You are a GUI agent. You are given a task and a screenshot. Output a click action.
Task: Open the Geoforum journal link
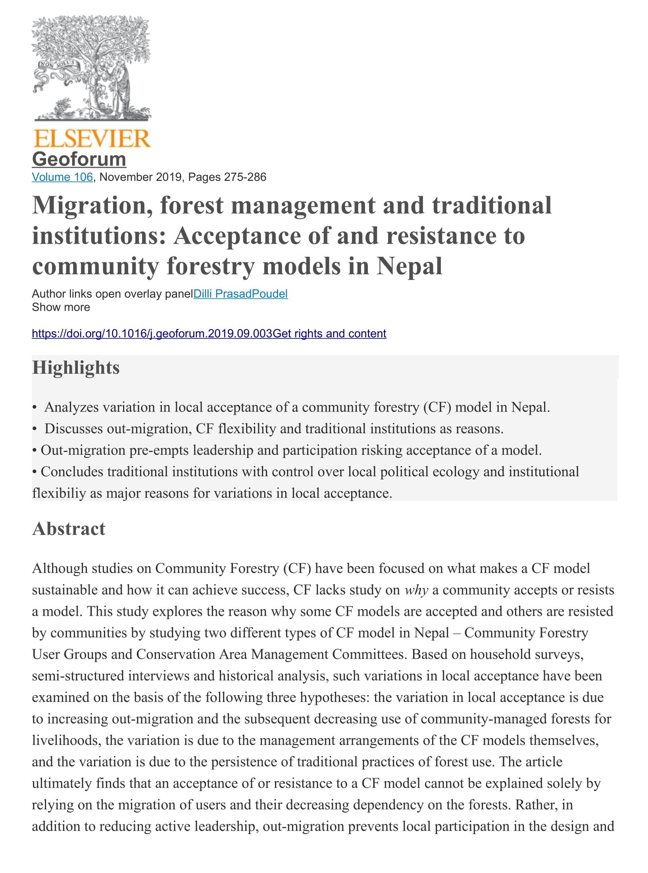pos(79,159)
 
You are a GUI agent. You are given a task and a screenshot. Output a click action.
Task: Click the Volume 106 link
pos(62,177)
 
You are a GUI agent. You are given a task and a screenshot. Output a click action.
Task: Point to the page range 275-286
pos(245,177)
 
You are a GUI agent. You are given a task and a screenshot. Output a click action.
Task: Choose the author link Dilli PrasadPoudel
pos(240,294)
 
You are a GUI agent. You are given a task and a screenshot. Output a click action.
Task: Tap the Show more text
pos(61,307)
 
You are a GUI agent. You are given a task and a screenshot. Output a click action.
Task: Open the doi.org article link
pos(152,334)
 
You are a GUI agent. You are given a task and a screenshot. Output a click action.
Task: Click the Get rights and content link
pos(330,334)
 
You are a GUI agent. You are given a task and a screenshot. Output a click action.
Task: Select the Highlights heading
pos(76,367)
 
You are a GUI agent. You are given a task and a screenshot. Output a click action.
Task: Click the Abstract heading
pos(69,529)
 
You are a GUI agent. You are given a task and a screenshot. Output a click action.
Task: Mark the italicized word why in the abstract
pos(416,590)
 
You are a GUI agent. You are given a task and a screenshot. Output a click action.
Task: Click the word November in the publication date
pos(126,177)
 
